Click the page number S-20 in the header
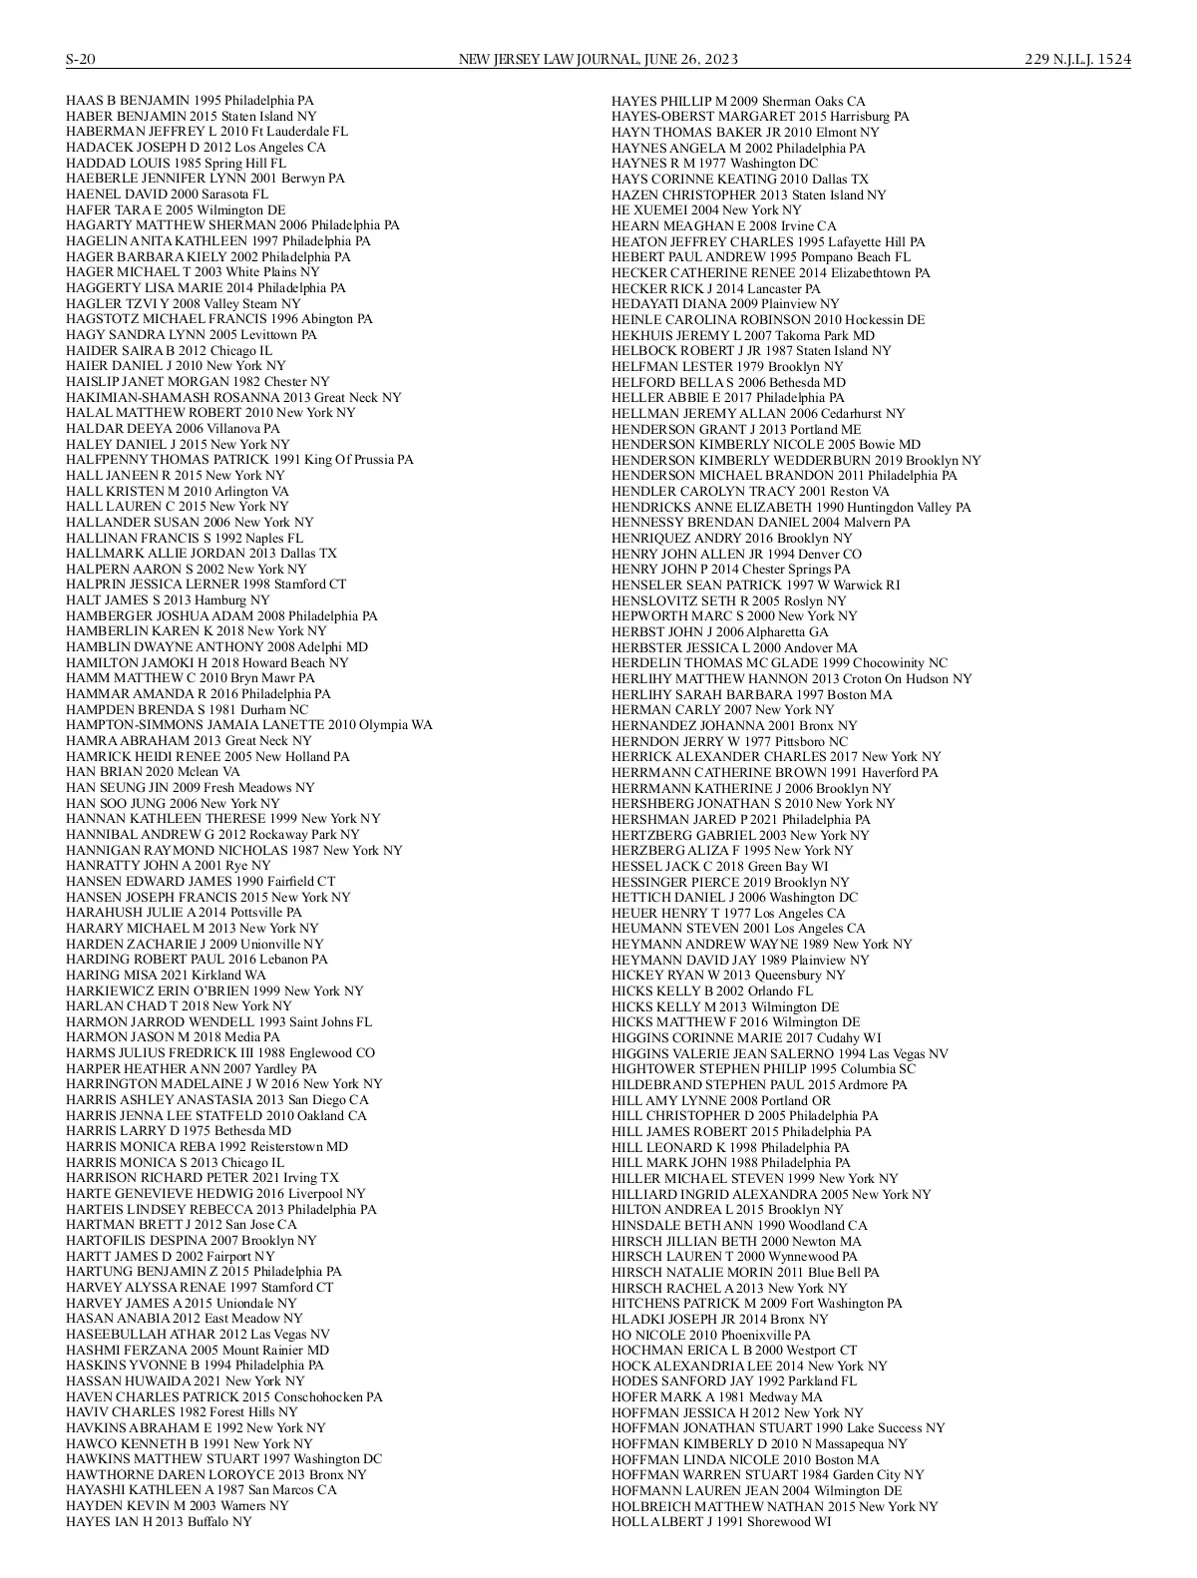[80, 59]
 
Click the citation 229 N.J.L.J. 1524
[1077, 59]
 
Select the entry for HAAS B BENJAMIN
[190, 101]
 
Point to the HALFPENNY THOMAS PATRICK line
[239, 460]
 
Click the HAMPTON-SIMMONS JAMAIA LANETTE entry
[249, 725]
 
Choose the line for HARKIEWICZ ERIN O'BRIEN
[214, 990]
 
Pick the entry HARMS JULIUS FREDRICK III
[220, 1053]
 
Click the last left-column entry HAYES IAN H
[159, 1521]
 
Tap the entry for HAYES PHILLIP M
[738, 101]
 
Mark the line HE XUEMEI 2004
[706, 210]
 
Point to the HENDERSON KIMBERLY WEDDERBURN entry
[796, 460]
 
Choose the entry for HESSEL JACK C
[719, 866]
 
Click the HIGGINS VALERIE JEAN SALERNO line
[779, 1053]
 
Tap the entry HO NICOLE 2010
[710, 1335]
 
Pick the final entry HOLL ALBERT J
[720, 1521]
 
